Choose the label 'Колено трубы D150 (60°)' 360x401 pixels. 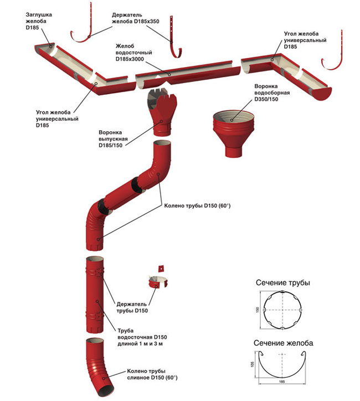(x=197, y=206)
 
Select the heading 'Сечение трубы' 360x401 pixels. (x=282, y=283)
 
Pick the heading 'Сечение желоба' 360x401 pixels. (x=284, y=343)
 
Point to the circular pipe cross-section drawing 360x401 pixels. (x=284, y=311)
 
